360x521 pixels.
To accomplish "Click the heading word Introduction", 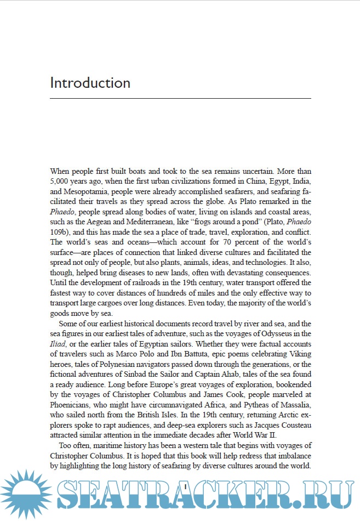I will click(x=90, y=83).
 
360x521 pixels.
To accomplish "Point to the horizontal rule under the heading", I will click(x=180, y=98).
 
